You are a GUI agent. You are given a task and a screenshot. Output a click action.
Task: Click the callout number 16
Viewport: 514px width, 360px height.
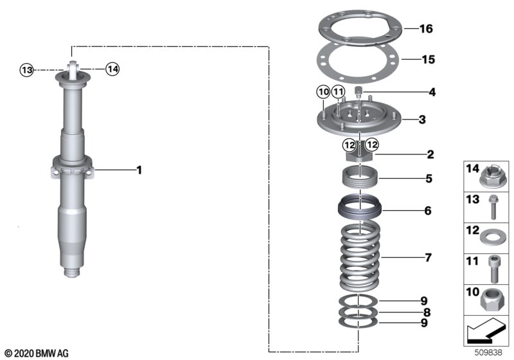click(x=427, y=29)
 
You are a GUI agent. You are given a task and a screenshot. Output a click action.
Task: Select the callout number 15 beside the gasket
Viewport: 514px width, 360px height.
click(x=427, y=60)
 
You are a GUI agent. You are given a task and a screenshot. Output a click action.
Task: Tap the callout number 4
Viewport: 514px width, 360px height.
click(x=432, y=93)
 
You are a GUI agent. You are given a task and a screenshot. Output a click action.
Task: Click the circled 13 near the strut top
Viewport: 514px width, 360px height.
click(x=26, y=70)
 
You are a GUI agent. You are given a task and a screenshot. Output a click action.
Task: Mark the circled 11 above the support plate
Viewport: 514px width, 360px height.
click(x=338, y=93)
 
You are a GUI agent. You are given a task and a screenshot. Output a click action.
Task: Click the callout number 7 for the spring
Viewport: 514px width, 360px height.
click(x=427, y=258)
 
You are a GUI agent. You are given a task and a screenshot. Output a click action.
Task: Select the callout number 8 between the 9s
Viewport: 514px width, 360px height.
click(x=427, y=313)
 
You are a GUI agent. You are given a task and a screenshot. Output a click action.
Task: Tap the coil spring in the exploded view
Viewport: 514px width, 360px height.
click(x=362, y=257)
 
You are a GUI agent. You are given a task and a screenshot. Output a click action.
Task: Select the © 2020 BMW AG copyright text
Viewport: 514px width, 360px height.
click(x=37, y=353)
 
